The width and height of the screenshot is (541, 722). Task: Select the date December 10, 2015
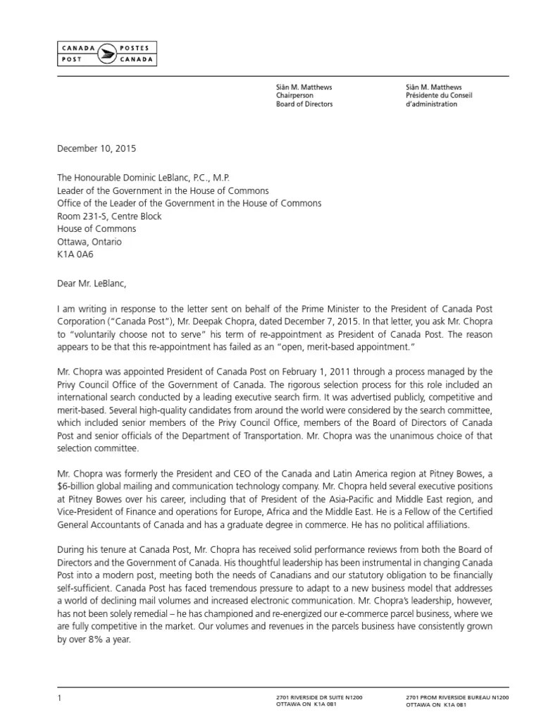point(96,149)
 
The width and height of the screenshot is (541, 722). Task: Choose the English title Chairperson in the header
point(294,95)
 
